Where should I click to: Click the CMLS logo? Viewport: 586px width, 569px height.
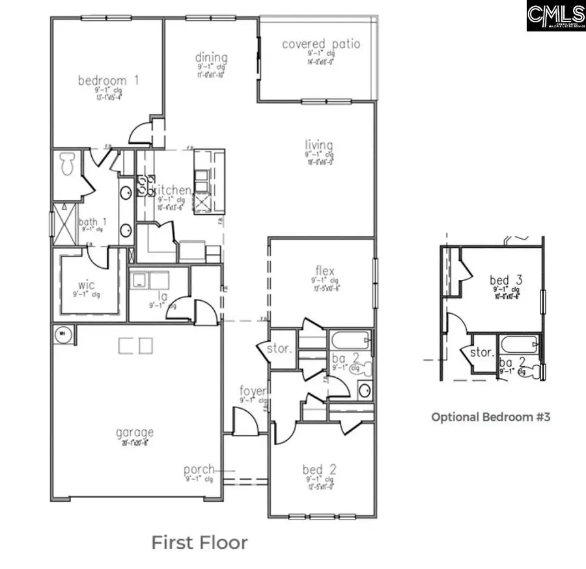click(x=555, y=16)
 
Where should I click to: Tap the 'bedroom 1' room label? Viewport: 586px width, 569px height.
click(x=108, y=81)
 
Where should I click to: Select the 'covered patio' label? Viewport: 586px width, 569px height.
click(x=320, y=44)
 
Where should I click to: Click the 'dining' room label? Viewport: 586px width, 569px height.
click(x=212, y=57)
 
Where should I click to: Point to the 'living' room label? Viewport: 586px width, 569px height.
click(x=319, y=145)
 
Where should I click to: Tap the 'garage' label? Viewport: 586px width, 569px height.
click(x=135, y=432)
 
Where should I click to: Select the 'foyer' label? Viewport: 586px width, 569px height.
click(x=253, y=391)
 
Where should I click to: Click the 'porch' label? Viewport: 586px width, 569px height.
click(x=199, y=469)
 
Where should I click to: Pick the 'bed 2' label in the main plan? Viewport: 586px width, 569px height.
click(x=318, y=469)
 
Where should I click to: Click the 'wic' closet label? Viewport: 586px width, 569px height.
click(x=86, y=284)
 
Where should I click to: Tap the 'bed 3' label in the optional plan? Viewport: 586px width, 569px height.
click(x=506, y=280)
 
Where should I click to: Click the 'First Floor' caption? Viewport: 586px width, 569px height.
click(x=199, y=542)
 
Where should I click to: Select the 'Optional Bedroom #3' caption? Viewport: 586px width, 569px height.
click(x=490, y=417)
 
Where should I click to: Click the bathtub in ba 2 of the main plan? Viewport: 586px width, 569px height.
click(x=350, y=341)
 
